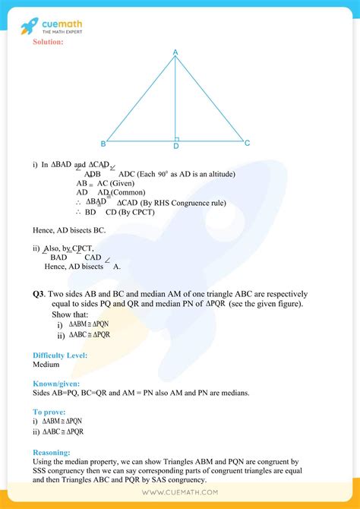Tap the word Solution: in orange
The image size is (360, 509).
(48, 42)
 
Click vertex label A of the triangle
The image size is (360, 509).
(175, 52)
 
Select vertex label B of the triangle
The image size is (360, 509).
(103, 144)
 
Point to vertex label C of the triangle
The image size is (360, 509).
(247, 143)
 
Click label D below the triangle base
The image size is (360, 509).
(176, 146)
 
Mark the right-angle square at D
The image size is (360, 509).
(178, 138)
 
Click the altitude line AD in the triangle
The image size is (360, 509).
(175, 99)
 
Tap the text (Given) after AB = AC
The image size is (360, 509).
(125, 183)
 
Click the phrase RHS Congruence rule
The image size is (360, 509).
(175, 201)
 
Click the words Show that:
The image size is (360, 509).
(68, 315)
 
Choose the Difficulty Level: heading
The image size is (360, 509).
(59, 355)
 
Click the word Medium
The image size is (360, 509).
(46, 364)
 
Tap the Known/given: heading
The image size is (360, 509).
(56, 384)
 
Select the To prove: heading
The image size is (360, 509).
(50, 412)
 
